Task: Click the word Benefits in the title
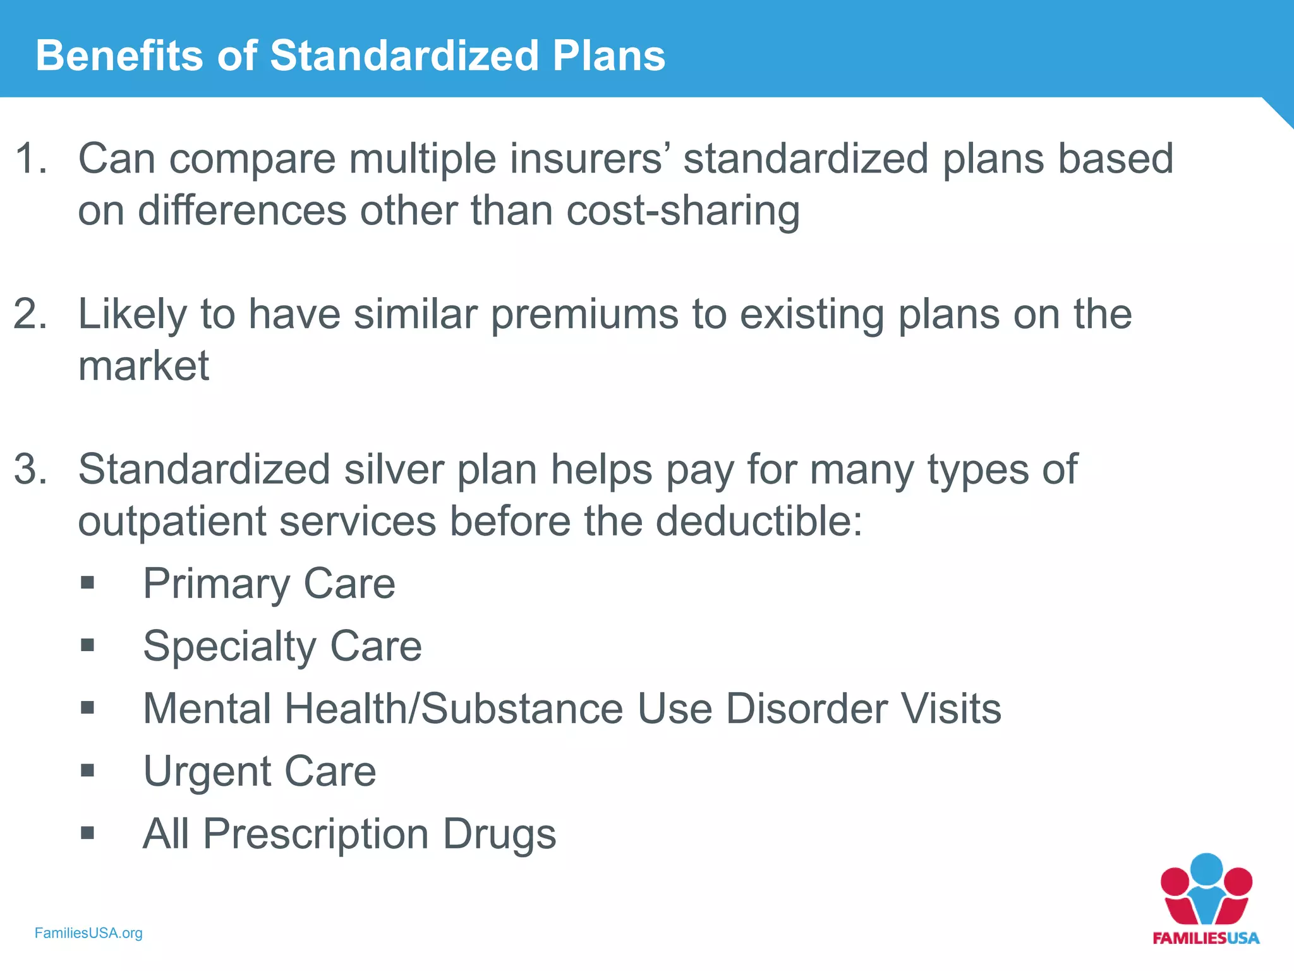119,56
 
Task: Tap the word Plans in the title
608,56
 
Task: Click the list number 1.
30,158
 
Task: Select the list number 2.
30,314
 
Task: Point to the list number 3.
30,469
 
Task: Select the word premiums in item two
584,314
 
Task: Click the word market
143,366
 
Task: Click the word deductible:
758,522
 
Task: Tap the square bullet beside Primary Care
88,582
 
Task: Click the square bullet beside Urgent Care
88,770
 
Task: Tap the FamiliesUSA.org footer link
88,933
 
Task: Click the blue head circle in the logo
1206,870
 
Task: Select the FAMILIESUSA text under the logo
1206,938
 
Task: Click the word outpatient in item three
172,522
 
